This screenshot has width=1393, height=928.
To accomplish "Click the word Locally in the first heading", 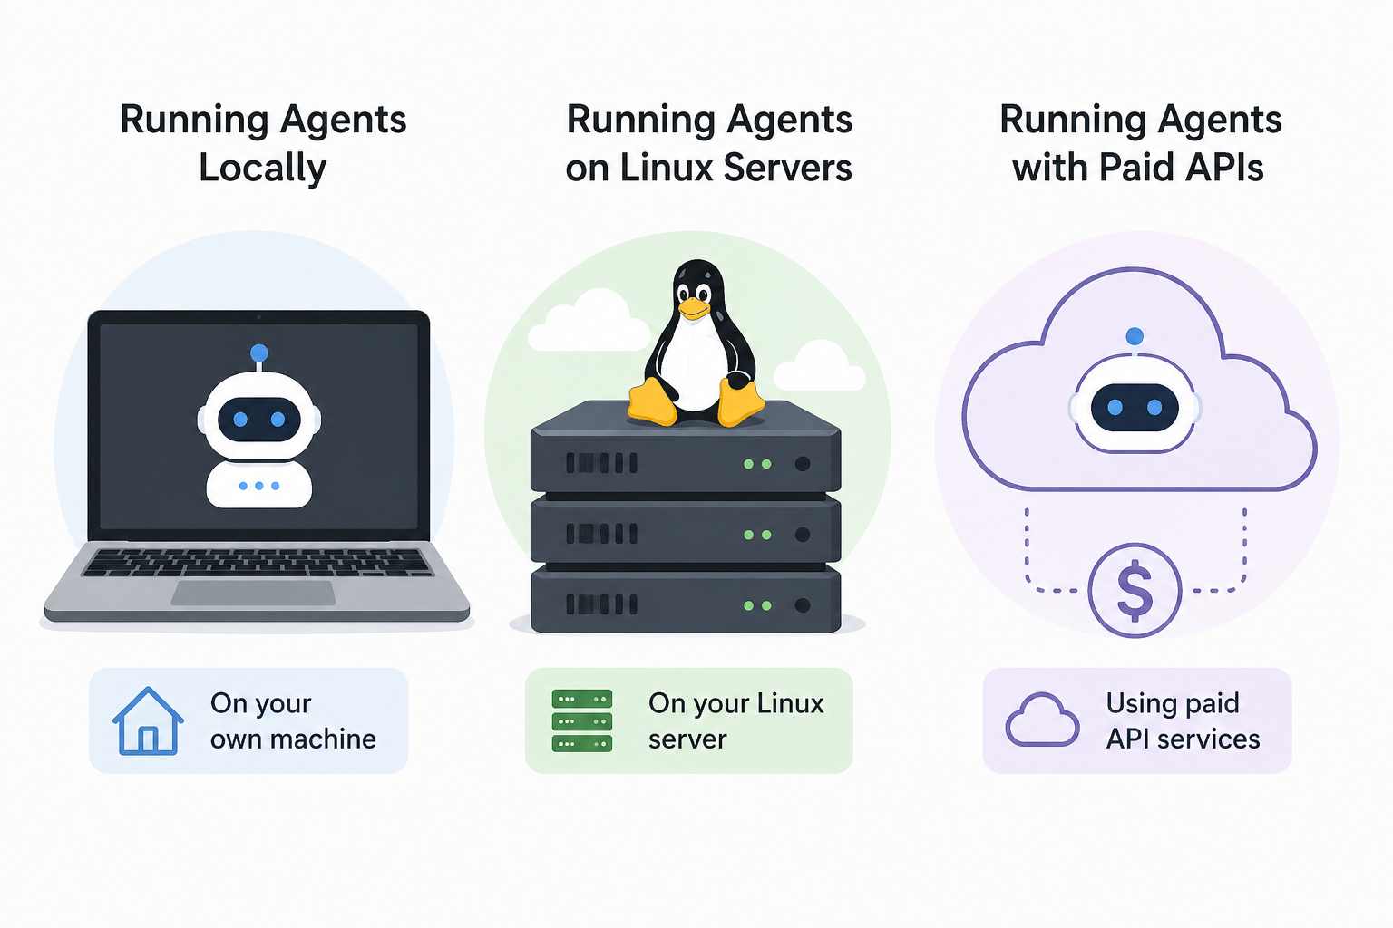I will [262, 169].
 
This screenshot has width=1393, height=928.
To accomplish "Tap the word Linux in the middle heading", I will [667, 169].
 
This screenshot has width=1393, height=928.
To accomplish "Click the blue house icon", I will [148, 721].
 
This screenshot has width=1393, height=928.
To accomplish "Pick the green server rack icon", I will [582, 721].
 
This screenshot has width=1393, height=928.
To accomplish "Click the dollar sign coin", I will [1135, 590].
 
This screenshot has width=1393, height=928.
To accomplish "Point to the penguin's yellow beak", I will [694, 309].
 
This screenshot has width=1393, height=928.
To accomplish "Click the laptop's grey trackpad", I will [254, 594].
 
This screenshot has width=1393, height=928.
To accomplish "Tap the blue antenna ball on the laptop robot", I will [259, 353].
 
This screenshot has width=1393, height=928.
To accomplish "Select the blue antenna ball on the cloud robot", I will [1135, 337].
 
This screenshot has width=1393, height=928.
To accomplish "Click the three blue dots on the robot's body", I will [259, 486].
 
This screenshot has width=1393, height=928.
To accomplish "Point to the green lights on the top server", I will [757, 464].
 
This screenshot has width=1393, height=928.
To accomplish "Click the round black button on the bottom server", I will [802, 604].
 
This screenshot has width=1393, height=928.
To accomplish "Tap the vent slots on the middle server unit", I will [601, 534].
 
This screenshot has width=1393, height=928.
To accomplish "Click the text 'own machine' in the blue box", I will [293, 739].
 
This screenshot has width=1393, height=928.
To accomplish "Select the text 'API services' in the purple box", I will [1183, 739].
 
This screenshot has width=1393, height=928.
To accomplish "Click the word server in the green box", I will [687, 740].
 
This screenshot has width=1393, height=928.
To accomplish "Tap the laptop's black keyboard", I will [258, 562].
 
